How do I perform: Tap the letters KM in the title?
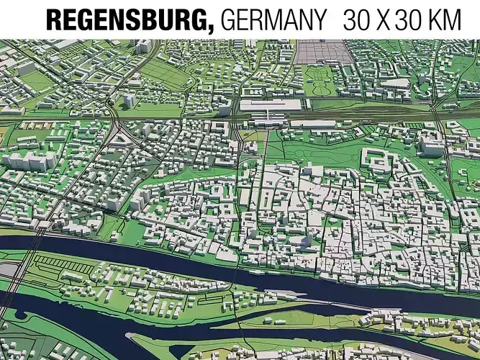tap(441, 19)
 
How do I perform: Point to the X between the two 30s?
tap(385, 19)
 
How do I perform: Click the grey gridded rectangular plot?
tap(321, 50)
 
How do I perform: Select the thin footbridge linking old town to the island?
tap(237, 277)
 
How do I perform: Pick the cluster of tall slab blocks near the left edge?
tap(29, 160)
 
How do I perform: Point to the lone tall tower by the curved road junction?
tap(128, 100)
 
